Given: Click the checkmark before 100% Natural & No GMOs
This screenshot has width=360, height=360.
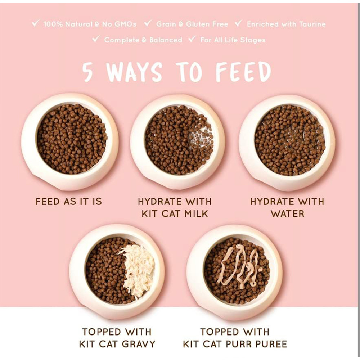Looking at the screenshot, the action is [x=36, y=23].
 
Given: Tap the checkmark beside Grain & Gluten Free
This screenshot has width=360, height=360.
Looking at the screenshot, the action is [x=148, y=23].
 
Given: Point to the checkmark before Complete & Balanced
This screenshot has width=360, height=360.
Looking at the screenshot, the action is [x=96, y=39].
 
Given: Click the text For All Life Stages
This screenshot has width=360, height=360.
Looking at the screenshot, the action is [x=233, y=40].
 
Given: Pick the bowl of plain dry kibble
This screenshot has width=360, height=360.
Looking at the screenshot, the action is [x=70, y=141].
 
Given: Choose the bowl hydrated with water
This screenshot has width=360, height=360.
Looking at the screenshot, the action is [x=287, y=142].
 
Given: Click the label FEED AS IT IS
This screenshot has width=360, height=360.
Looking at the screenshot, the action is [x=68, y=202].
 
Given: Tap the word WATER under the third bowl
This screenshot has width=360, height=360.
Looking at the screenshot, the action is [x=287, y=214].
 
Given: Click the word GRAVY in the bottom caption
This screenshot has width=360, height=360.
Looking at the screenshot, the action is [x=139, y=344].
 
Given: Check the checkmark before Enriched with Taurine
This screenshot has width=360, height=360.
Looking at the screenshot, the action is [x=239, y=23].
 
